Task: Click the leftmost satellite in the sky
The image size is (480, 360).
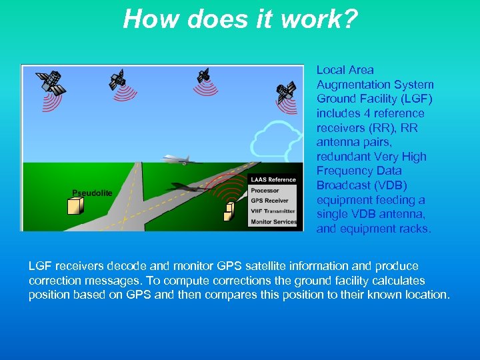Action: click(x=49, y=82)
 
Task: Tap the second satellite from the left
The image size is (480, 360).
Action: click(x=117, y=79)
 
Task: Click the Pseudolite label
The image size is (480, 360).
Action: click(x=92, y=193)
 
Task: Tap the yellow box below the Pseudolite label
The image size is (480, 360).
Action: click(x=75, y=206)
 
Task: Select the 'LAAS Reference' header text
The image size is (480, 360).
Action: click(x=273, y=180)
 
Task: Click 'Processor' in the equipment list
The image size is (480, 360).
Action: click(x=265, y=191)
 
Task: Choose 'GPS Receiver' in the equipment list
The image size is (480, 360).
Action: click(x=269, y=201)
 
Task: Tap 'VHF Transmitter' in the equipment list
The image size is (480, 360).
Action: click(x=273, y=211)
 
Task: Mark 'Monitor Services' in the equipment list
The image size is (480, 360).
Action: click(x=273, y=221)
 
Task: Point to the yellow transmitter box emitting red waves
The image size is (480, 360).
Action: click(x=229, y=211)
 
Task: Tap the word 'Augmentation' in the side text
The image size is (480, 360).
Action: click(x=351, y=85)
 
